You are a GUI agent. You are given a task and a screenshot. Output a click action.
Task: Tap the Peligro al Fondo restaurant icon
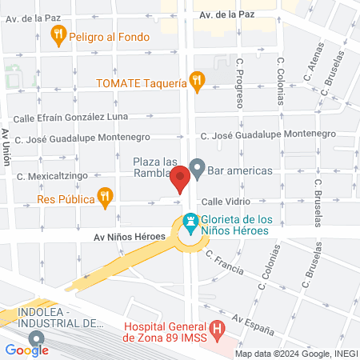click(58, 34)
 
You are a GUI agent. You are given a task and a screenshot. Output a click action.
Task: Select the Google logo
click(27, 350)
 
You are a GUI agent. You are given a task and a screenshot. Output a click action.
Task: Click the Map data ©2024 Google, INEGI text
click(294, 353)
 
